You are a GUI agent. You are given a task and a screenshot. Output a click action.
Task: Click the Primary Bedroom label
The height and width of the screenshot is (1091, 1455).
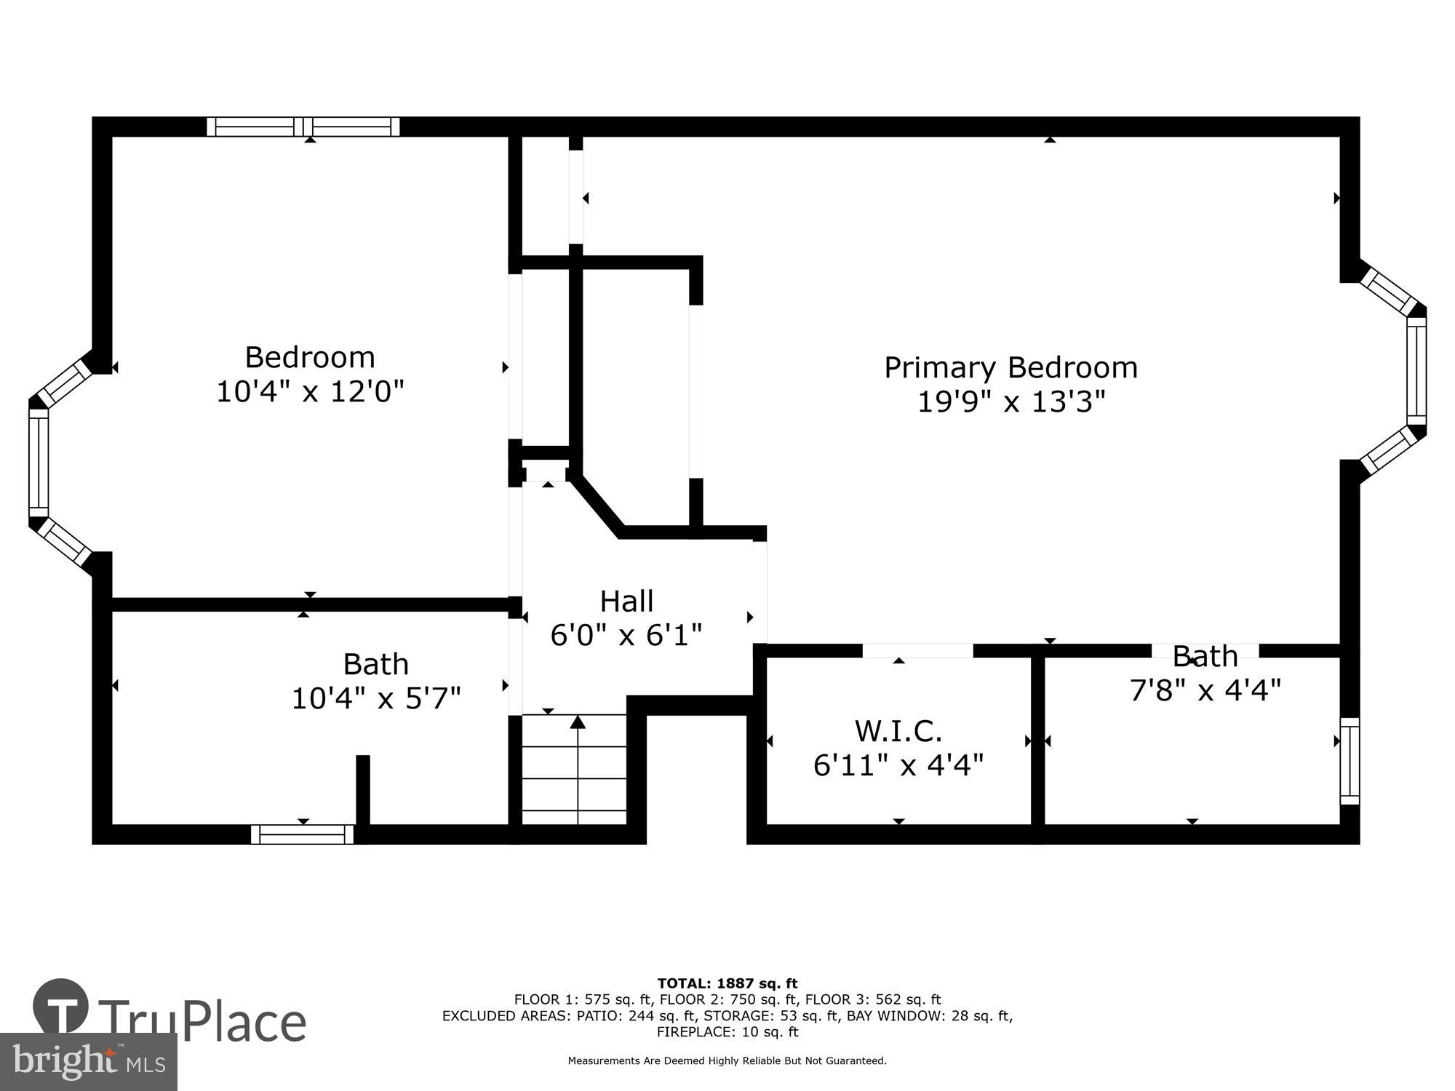[1010, 367]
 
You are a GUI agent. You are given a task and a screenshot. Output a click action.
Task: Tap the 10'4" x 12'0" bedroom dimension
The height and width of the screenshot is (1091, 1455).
[310, 392]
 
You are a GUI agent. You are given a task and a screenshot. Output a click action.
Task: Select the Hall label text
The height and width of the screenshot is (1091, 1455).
[626, 602]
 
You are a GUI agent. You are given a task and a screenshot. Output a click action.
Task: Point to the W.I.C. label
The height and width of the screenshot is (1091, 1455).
[898, 730]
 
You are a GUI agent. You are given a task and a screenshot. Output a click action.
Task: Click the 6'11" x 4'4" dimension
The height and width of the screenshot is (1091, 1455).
[898, 765]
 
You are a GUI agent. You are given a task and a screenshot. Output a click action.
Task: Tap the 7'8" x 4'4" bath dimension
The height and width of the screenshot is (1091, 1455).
[1204, 690]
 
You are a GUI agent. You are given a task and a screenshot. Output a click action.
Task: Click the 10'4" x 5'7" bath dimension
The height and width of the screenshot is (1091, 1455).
[375, 699]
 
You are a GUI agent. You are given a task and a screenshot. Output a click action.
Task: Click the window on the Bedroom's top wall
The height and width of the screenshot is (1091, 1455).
[303, 127]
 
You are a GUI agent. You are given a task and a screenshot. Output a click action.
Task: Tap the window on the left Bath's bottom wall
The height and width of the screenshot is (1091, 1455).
[303, 834]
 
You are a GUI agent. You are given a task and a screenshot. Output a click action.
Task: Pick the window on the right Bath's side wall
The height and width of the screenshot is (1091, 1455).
[1350, 761]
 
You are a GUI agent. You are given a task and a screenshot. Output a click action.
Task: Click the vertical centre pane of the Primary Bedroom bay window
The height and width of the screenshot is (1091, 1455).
[1416, 370]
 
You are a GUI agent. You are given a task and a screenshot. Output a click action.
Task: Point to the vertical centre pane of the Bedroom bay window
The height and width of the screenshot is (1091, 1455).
[39, 462]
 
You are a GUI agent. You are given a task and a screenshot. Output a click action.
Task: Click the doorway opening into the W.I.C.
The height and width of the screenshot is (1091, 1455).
[917, 650]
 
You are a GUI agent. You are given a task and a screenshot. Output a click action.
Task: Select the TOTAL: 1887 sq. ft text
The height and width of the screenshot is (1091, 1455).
[727, 984]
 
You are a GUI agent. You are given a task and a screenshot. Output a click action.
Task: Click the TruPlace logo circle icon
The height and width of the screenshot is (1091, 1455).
[61, 1007]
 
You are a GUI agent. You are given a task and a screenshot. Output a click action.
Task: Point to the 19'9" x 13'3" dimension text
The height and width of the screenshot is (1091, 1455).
[1010, 401]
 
